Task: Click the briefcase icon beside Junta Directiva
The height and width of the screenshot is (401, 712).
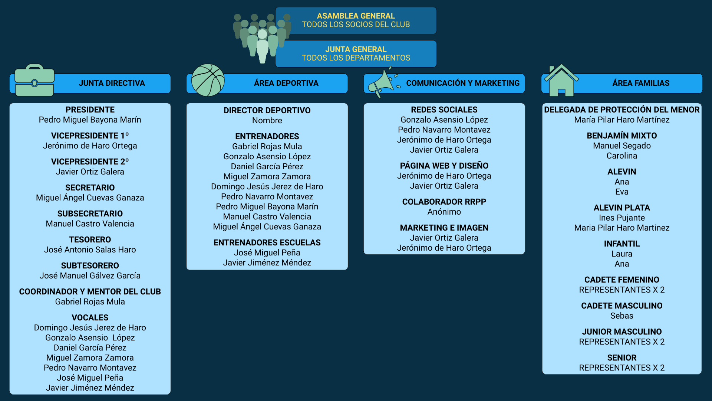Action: pyautogui.click(x=34, y=81)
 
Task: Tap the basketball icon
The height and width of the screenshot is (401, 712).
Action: pyautogui.click(x=208, y=80)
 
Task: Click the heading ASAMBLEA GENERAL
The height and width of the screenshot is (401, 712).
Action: pyautogui.click(x=356, y=16)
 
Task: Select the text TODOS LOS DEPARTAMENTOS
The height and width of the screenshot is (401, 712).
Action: pyautogui.click(x=356, y=58)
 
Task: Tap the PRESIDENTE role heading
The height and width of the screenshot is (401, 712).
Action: pyautogui.click(x=90, y=110)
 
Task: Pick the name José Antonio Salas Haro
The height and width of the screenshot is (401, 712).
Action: pyautogui.click(x=90, y=250)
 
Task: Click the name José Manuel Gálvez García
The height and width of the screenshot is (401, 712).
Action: pyautogui.click(x=90, y=276)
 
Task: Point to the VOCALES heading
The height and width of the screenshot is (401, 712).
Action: pyautogui.click(x=90, y=317)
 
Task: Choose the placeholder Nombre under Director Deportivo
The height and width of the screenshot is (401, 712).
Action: pyautogui.click(x=267, y=120)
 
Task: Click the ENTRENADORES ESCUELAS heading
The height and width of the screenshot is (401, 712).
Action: pyautogui.click(x=267, y=242)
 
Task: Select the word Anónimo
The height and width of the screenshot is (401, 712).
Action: pyautogui.click(x=444, y=212)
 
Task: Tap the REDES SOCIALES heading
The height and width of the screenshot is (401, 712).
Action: pyautogui.click(x=444, y=110)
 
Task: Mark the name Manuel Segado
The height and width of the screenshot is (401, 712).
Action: pyautogui.click(x=622, y=146)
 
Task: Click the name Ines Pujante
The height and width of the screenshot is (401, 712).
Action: pyautogui.click(x=622, y=218)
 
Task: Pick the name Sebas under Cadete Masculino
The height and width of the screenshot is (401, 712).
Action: pyautogui.click(x=622, y=316)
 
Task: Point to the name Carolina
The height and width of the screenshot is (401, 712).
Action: pyautogui.click(x=622, y=156)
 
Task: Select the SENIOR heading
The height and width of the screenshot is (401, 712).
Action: pyautogui.click(x=622, y=358)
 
